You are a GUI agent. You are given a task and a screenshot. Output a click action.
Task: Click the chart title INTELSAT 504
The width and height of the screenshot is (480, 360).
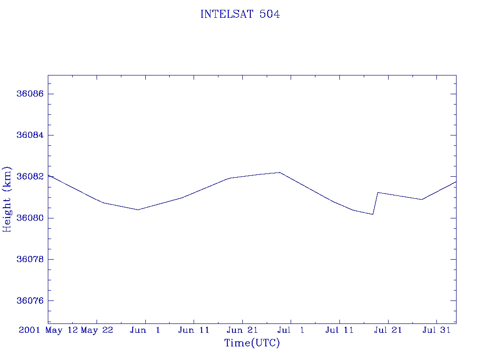coord(240,14)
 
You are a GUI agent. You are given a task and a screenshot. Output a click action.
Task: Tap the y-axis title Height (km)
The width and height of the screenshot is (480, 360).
coord(7,199)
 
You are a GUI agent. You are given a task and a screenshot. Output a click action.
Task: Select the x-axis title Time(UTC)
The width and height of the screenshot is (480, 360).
coord(252,343)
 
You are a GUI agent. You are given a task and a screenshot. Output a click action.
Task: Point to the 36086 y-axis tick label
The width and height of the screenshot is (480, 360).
coord(30,94)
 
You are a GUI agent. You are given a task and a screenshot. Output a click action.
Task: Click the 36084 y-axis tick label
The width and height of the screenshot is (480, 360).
coord(30,135)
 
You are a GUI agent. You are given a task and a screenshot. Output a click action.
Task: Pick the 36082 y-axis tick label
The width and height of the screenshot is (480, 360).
coord(30,177)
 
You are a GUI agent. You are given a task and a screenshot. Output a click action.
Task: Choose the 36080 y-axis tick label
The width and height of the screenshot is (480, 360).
coord(30,218)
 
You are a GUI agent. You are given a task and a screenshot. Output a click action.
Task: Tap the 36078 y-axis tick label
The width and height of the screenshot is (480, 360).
coord(30,259)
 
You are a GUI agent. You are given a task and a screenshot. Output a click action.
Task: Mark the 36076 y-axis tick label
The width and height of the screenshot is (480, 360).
coord(30,300)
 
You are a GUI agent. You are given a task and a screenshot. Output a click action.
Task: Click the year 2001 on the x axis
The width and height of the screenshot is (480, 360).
coord(30,330)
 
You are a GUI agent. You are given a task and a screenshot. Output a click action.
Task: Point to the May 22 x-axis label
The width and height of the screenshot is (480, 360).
coord(97,330)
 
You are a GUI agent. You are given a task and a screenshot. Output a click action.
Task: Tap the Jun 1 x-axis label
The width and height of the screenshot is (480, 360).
coord(145,330)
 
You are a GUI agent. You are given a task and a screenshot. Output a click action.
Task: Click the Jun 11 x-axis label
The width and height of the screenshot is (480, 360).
coord(194,330)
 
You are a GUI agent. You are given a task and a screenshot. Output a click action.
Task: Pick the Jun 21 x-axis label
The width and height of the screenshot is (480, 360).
coord(242,330)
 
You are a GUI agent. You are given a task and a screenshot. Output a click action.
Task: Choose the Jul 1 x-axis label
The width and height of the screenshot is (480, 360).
coord(291,330)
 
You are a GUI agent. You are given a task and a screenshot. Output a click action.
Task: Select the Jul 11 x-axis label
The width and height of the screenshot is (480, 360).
coord(339,330)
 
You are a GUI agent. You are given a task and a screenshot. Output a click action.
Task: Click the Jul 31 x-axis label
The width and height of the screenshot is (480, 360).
coord(436,330)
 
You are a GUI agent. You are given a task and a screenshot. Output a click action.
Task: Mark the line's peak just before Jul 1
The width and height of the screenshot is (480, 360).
coord(280,172)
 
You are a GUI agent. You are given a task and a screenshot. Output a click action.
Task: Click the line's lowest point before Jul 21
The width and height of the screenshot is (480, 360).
coord(373,214)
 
